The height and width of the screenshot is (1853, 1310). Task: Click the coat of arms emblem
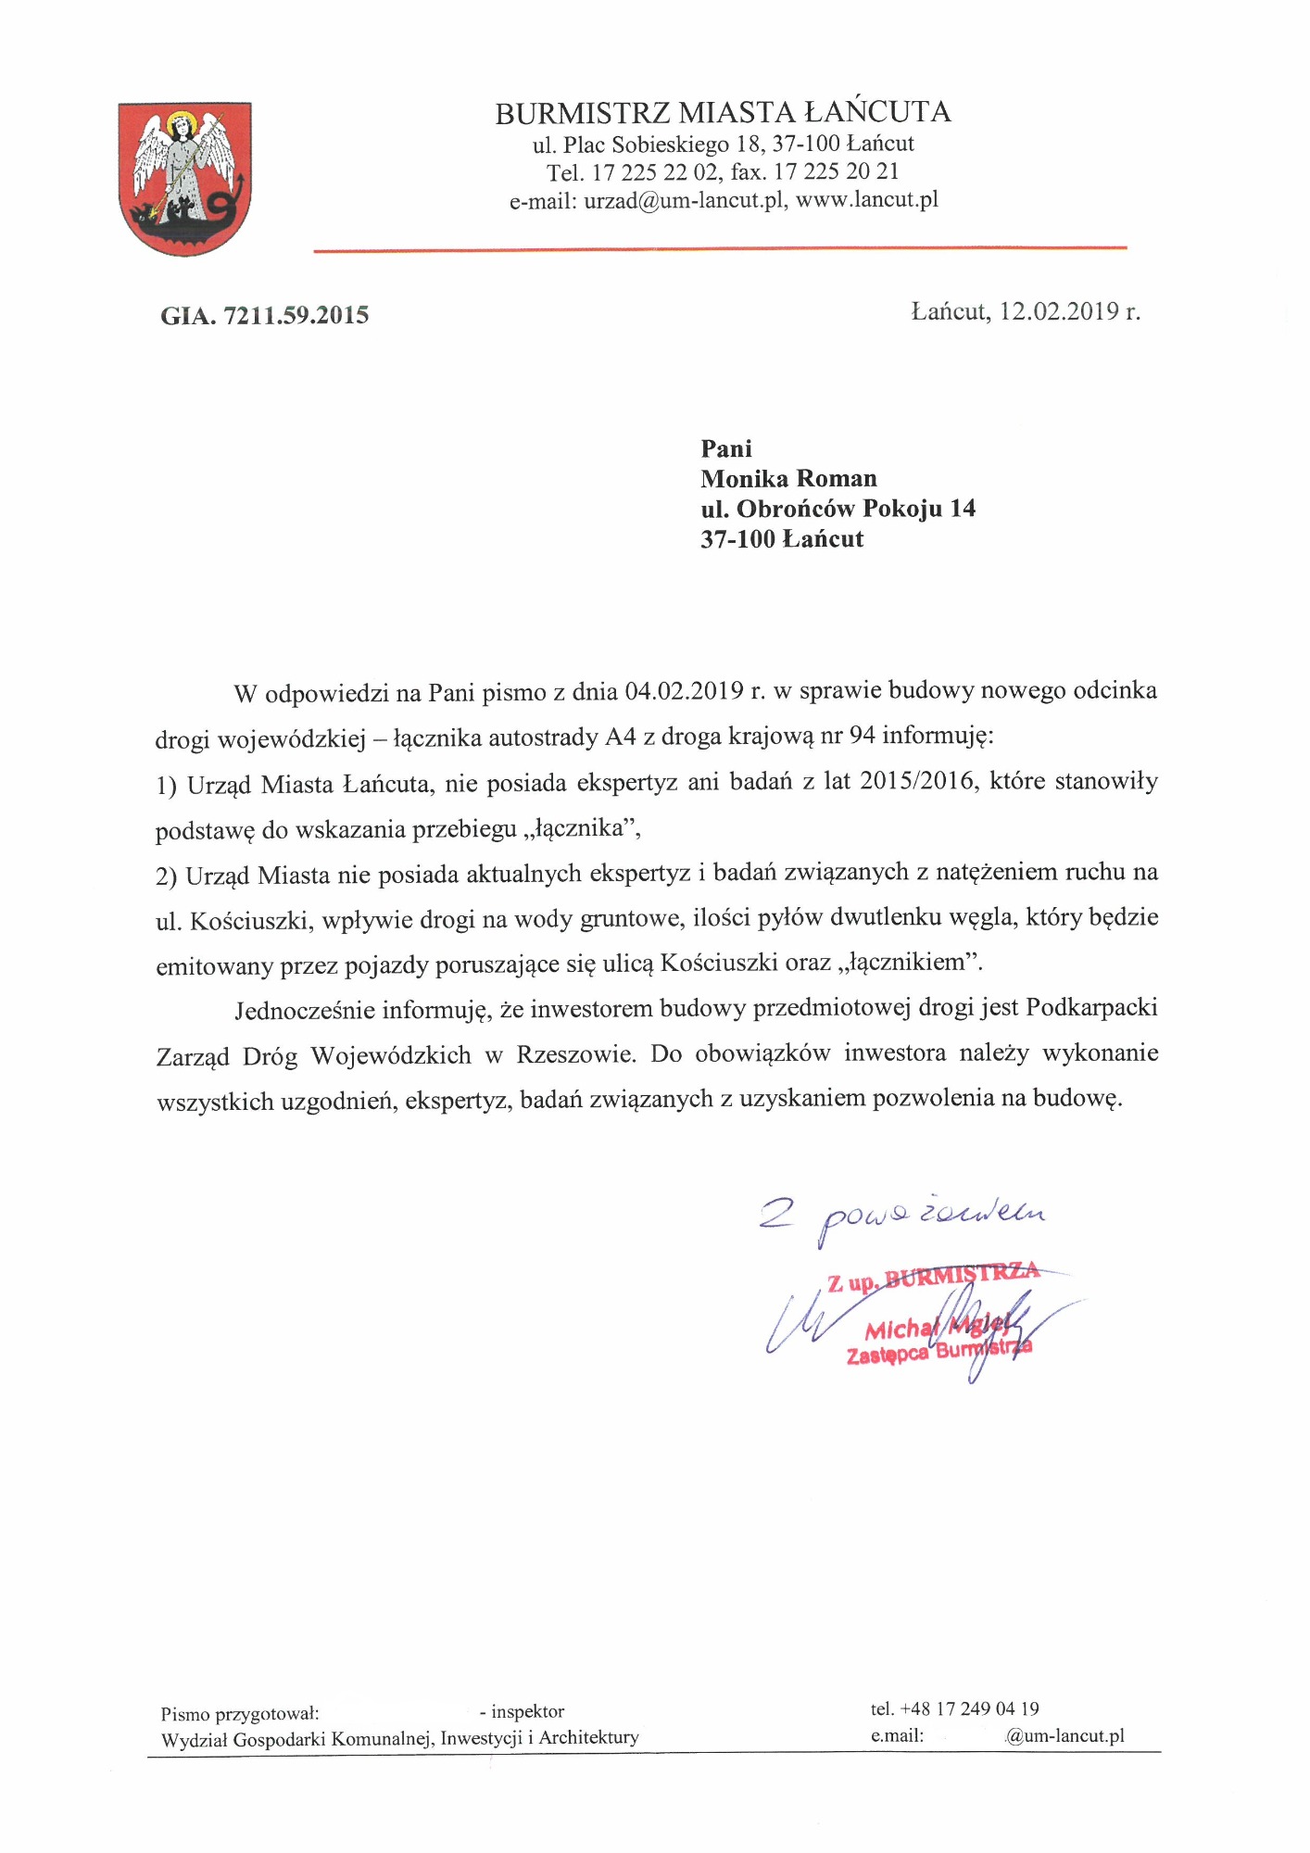pos(185,178)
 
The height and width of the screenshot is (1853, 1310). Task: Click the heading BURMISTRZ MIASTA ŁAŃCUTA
pos(723,113)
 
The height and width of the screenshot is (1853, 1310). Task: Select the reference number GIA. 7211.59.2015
pos(265,316)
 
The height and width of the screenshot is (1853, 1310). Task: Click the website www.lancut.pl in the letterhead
pos(867,200)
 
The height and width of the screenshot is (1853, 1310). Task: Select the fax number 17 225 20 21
pos(837,172)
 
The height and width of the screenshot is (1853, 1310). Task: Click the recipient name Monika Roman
pos(788,479)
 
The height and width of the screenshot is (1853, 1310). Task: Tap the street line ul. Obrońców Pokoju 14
pos(838,509)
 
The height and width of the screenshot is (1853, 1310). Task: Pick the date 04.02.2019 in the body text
pos(685,691)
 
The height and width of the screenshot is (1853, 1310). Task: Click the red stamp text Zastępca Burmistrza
pos(938,1352)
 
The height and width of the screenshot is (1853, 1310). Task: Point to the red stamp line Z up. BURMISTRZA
pos(933,1278)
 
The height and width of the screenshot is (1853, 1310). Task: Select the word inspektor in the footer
pos(528,1711)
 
